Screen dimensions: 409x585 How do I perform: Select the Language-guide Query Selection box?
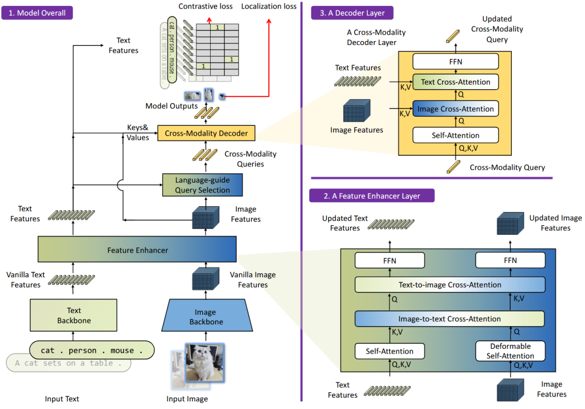tap(202, 185)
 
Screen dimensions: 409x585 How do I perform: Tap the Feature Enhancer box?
tap(137, 250)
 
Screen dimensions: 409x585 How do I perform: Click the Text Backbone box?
tap(74, 315)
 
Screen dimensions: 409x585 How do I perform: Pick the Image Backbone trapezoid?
tap(205, 317)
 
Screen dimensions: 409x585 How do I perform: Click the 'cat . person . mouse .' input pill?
tap(92, 350)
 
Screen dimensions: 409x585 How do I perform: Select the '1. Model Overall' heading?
tap(37, 12)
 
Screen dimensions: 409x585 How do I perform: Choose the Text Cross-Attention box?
tap(455, 82)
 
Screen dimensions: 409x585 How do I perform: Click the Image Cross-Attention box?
tap(455, 109)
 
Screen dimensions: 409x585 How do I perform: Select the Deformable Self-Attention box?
tap(510, 351)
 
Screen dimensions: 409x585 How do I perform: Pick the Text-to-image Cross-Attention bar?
tap(450, 285)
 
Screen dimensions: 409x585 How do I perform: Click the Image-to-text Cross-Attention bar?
tap(450, 319)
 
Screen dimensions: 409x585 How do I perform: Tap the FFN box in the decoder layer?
tap(455, 61)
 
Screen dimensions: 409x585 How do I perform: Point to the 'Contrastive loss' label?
tap(205, 7)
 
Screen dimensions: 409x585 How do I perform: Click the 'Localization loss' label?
tap(269, 7)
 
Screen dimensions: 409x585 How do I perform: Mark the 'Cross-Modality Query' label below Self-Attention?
tap(507, 168)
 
